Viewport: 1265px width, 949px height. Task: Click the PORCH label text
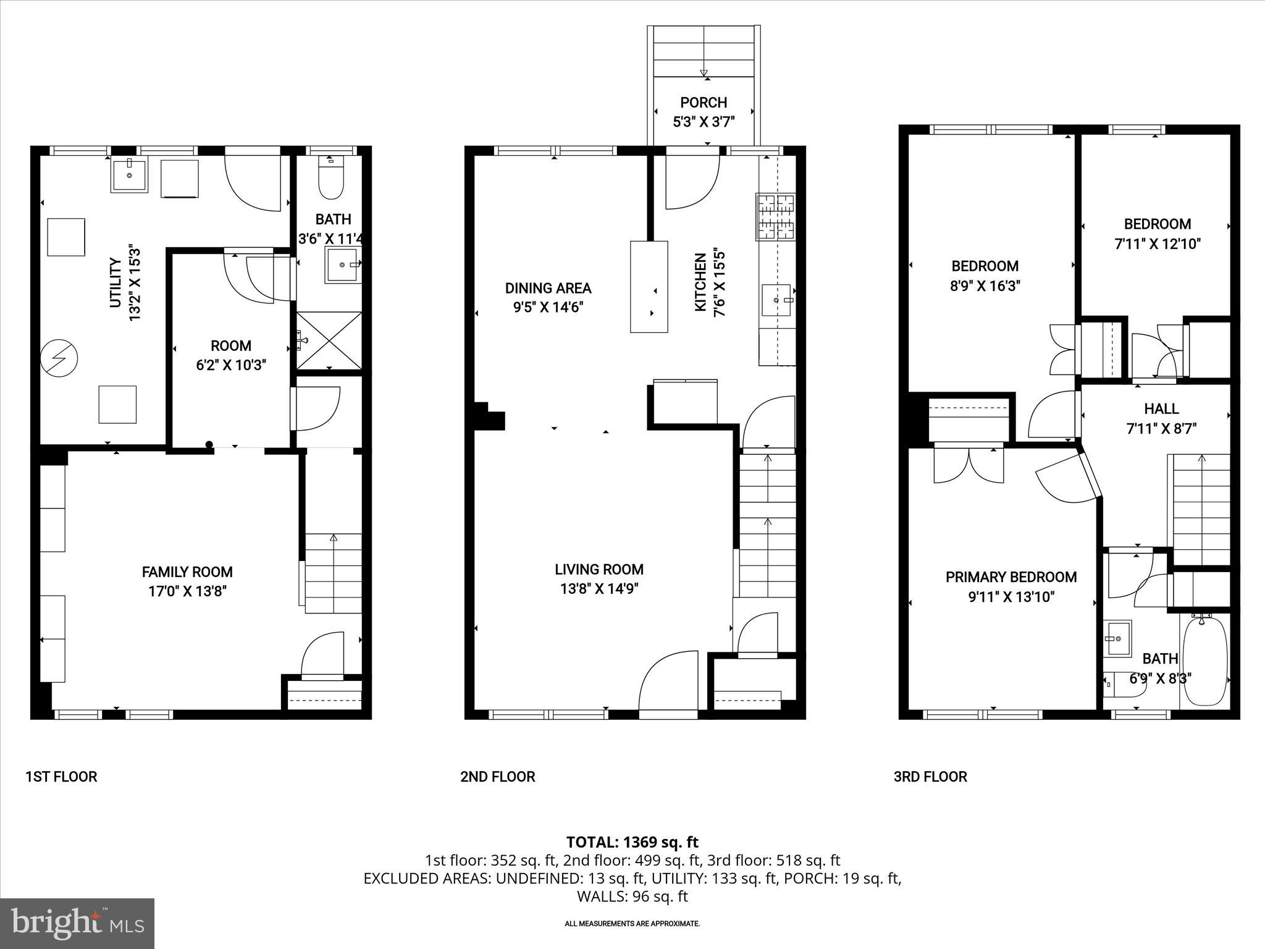704,103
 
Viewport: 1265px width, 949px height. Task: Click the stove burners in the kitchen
776,217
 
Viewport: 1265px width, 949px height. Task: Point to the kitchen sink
777,300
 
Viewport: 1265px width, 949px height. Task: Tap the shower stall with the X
329,340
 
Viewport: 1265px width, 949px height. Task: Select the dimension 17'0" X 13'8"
187,591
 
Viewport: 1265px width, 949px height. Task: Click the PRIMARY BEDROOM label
1011,577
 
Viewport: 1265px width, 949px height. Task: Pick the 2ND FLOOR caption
497,777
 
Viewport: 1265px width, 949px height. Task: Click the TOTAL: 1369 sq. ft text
632,841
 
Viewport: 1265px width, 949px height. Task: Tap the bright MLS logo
77,924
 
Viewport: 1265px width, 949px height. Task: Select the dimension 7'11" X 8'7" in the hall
1161,428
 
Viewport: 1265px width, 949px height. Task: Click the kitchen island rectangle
649,287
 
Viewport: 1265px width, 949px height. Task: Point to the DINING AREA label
548,288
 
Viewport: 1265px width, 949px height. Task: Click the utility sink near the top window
130,175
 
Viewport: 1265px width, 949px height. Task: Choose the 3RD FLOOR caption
930,777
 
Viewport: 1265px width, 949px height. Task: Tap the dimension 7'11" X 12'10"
1157,244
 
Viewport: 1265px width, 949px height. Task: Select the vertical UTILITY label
116,283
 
